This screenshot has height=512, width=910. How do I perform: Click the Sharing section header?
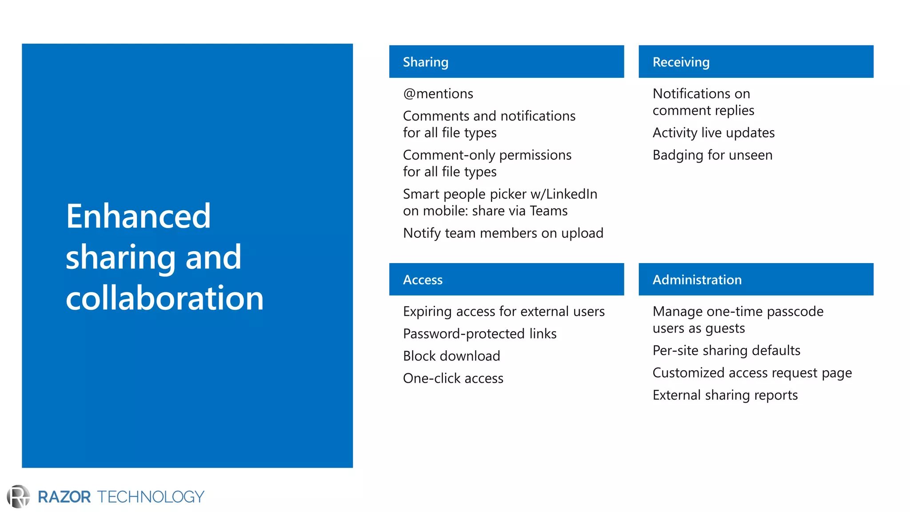coord(425,62)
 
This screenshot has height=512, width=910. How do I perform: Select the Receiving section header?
coord(681,62)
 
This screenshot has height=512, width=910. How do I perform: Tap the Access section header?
coord(423,280)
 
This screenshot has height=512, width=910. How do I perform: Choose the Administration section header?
coord(697,280)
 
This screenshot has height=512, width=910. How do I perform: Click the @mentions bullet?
coord(438,94)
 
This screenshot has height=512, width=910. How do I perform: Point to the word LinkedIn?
coord(571,194)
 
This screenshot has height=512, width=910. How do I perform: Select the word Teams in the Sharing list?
coord(549,211)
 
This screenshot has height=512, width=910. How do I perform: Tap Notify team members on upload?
coord(503,233)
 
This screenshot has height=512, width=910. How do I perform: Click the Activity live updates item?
coord(713,133)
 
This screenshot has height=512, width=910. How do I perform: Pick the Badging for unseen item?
coord(712,155)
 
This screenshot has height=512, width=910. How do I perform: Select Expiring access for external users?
coord(503,312)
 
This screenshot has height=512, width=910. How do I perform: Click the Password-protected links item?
coord(479,334)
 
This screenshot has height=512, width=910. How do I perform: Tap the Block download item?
coord(451,356)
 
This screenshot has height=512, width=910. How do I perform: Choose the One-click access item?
coord(453,378)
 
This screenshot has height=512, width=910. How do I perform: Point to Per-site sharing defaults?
coord(726,351)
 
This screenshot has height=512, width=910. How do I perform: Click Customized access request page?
coord(752,373)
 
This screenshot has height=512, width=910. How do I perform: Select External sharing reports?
coord(725,395)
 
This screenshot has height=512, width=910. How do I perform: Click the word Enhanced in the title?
coord(138,216)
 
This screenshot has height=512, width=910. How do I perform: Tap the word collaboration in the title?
coord(164,298)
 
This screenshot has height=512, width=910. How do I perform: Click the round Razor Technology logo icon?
coord(18,496)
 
